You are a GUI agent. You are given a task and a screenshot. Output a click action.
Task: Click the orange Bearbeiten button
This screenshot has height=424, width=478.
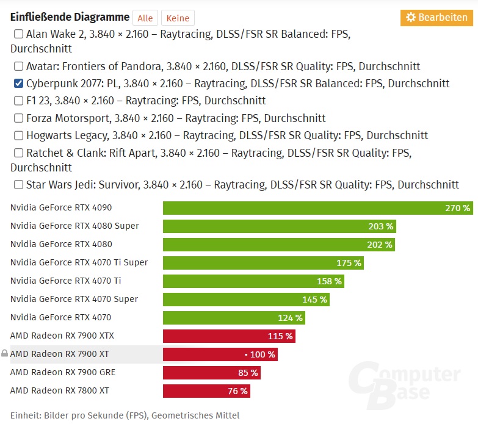[436, 18]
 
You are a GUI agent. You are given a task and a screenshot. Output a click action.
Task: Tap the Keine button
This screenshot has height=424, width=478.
[178, 18]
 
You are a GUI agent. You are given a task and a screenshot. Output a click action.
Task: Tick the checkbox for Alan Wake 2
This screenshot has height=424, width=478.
[18, 34]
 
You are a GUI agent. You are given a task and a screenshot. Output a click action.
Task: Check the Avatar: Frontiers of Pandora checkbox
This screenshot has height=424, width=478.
[18, 66]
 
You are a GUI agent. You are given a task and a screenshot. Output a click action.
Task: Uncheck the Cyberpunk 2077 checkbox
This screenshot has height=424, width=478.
[18, 84]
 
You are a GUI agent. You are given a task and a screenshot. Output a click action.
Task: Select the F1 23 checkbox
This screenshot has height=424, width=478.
[18, 101]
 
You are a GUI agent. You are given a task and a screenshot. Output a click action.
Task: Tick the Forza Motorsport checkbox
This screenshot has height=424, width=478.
[18, 118]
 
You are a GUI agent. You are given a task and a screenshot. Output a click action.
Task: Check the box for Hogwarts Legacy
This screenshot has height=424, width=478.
[18, 135]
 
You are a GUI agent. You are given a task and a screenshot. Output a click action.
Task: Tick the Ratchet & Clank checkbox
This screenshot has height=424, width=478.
[18, 153]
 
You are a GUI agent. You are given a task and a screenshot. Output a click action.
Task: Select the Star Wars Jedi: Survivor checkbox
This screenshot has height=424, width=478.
[18, 184]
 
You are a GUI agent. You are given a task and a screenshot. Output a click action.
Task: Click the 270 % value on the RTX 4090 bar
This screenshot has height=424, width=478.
[457, 208]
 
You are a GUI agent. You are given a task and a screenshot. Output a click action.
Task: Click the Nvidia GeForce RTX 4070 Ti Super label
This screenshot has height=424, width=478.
[79, 262]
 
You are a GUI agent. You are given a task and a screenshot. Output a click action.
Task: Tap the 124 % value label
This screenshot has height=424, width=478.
[290, 318]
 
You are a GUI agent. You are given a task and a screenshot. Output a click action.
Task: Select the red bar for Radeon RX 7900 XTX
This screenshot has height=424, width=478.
[229, 336]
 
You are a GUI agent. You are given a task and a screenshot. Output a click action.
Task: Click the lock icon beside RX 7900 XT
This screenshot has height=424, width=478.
[5, 354]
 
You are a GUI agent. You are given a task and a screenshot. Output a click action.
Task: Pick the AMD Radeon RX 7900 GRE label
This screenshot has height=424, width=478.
[63, 372]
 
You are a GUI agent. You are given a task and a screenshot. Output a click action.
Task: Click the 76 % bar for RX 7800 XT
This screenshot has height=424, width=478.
[206, 391]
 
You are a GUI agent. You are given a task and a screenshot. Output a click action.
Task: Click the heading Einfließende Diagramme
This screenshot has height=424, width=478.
[70, 17]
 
